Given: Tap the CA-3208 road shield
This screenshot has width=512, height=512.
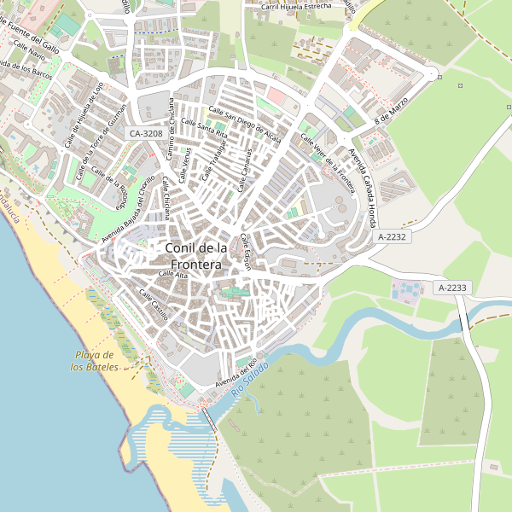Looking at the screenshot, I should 146,134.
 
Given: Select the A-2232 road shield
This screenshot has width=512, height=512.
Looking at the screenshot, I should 393,236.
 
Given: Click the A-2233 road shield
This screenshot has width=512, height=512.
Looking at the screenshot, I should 452,288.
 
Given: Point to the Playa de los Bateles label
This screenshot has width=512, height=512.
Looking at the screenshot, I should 95,361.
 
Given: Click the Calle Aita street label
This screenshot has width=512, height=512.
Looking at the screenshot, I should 173,275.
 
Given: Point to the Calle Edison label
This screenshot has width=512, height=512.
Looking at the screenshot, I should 245,251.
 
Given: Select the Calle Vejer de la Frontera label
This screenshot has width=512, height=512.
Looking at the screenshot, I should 329,154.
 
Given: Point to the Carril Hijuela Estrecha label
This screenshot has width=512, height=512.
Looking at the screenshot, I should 294,6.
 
